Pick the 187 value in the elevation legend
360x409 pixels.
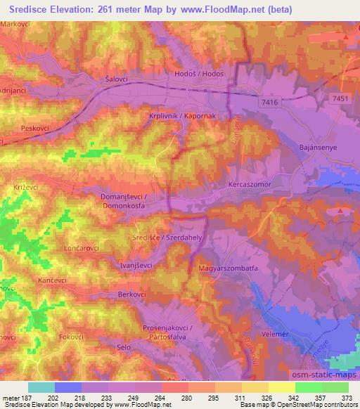(x=27, y=398)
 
